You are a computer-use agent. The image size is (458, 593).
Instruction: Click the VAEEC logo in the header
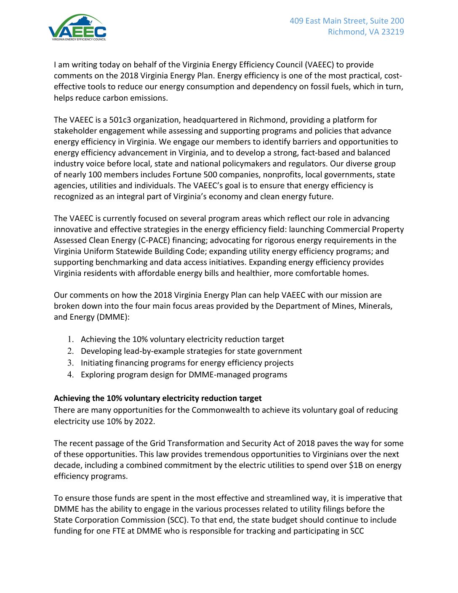click(x=77, y=28)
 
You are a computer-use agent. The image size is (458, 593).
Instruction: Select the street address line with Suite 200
click(x=346, y=21)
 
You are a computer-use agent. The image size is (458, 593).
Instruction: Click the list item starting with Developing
click(x=191, y=351)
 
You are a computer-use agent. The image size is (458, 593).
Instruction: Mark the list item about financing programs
click(x=187, y=363)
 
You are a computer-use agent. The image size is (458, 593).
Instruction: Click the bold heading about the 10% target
click(x=157, y=398)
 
